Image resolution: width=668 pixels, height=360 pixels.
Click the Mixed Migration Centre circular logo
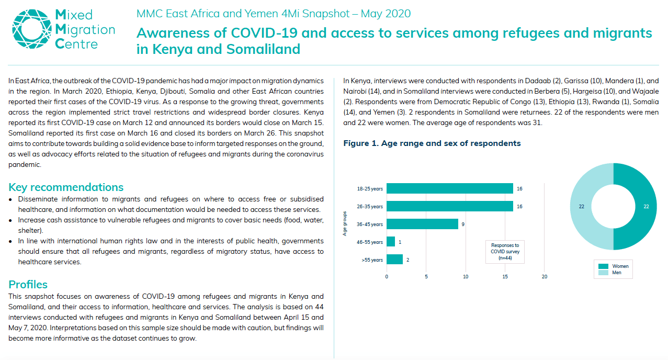tap(31, 29)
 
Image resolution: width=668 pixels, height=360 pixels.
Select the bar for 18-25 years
tap(450, 188)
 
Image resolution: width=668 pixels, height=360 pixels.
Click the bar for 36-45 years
tap(422, 224)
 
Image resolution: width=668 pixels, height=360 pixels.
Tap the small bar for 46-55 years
tap(391, 242)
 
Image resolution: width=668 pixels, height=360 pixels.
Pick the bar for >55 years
tap(394, 260)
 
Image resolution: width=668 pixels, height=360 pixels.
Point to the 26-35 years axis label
tap(370, 206)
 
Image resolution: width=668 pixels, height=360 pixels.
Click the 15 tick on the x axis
tap(505, 276)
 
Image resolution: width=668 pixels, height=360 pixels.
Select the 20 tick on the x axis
tap(545, 276)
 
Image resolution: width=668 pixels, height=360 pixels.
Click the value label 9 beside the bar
tap(463, 224)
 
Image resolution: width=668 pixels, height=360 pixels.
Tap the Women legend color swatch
tap(603, 266)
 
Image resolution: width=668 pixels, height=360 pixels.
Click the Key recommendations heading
tap(66, 187)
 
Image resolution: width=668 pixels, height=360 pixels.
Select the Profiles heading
tap(28, 284)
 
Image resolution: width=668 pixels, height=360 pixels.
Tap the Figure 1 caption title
tap(432, 143)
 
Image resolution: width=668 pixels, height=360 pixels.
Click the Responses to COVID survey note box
tap(505, 252)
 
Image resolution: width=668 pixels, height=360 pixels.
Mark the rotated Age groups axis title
tap(345, 224)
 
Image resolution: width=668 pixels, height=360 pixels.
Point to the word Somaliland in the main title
tap(263, 49)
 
